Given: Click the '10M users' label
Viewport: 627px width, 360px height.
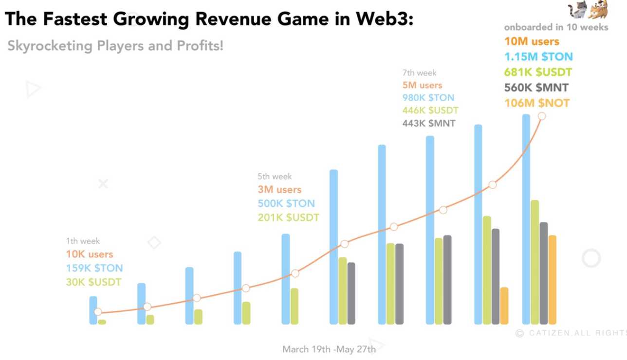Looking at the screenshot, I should click(x=532, y=41).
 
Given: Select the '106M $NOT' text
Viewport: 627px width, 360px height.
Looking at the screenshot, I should click(x=536, y=103).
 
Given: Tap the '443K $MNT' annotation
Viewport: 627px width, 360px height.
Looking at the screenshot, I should click(x=429, y=123).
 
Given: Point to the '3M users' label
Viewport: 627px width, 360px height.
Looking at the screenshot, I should click(x=279, y=190).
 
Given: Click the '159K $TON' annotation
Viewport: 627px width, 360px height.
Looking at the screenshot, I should click(x=94, y=268).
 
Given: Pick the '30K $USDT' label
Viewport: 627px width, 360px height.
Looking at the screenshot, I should click(x=93, y=282).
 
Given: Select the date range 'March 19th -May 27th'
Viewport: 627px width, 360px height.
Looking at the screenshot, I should click(x=329, y=349).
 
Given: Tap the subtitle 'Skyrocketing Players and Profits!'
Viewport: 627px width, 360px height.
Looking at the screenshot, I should click(x=115, y=47).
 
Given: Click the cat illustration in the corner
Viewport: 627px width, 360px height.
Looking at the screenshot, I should click(x=588, y=10).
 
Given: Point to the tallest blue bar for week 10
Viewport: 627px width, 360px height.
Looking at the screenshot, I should click(x=526, y=219).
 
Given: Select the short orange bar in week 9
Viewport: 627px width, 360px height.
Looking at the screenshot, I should click(x=504, y=306).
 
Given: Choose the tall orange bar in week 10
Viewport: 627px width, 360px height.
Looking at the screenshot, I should click(x=552, y=280).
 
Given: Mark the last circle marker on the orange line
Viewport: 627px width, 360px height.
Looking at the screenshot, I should click(x=542, y=116).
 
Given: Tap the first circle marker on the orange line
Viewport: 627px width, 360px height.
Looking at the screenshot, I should click(x=98, y=312).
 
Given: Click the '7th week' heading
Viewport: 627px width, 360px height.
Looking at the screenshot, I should click(x=419, y=73).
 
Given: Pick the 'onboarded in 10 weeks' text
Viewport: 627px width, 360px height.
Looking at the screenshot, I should click(x=556, y=27).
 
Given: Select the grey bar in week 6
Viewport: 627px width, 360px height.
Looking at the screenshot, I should click(x=351, y=293).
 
